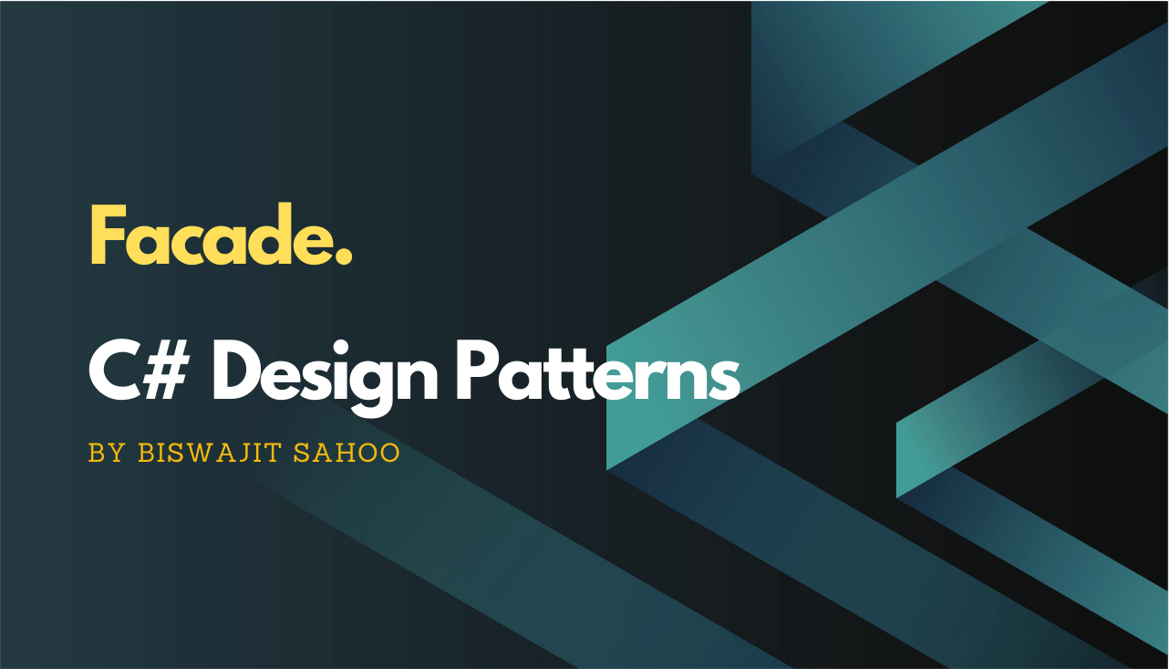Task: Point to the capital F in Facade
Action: point(107,237)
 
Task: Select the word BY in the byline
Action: point(106,454)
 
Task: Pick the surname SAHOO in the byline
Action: point(347,454)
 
